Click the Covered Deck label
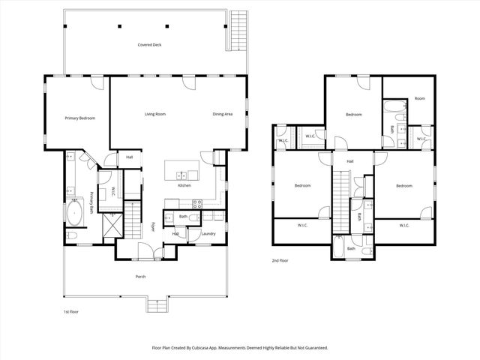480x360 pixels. click(x=149, y=45)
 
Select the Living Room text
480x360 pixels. click(x=155, y=114)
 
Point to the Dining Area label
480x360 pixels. click(x=223, y=114)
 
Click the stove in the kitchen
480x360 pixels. click(x=198, y=202)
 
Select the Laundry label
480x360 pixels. click(x=208, y=233)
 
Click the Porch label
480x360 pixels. click(x=140, y=277)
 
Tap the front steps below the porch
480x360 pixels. click(x=157, y=306)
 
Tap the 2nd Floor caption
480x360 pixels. click(x=280, y=261)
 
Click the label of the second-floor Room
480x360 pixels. click(x=420, y=99)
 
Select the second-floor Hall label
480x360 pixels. click(x=350, y=161)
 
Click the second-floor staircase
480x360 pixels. click(x=341, y=199)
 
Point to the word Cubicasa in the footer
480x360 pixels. click(x=213, y=348)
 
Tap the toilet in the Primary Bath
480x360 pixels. click(x=71, y=235)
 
